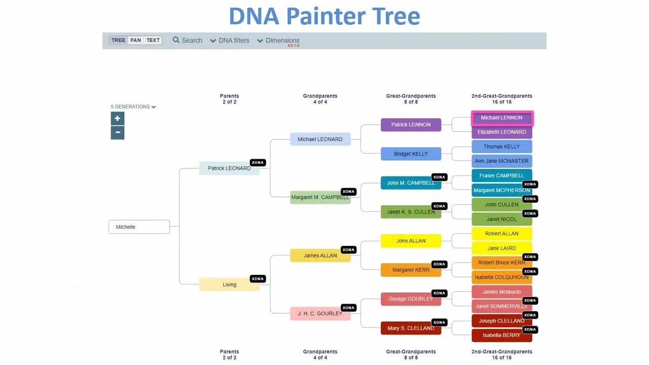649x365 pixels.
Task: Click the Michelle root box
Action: coord(139,227)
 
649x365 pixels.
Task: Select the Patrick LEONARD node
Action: coord(229,168)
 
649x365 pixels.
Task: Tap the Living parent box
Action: coord(229,284)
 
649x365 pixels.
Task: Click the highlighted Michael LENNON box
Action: coord(501,118)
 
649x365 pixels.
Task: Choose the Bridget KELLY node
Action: coord(411,154)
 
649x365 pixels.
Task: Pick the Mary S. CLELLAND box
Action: coord(411,328)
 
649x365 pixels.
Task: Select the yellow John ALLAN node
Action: coord(411,241)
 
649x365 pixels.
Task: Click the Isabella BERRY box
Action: coord(501,335)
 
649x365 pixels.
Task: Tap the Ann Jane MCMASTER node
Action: coord(501,161)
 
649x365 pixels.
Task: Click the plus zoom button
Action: coord(118,119)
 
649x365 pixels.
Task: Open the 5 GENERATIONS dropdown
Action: coord(133,107)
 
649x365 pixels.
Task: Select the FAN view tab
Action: coord(135,41)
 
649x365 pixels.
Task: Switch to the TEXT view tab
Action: coord(153,41)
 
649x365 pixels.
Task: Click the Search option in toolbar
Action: coord(187,41)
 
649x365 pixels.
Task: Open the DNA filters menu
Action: coord(230,41)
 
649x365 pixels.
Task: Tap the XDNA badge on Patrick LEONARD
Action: coord(258,163)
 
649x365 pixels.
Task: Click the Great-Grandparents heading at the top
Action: coord(411,96)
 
